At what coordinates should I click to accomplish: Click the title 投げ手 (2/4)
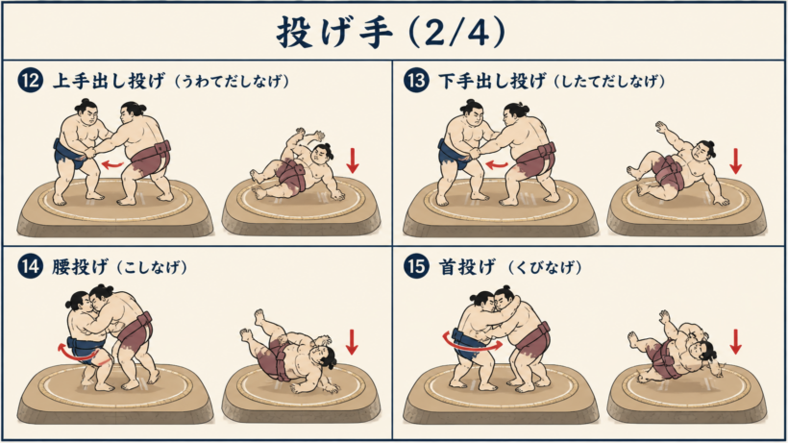click(x=391, y=32)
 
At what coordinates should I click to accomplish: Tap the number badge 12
click(x=30, y=81)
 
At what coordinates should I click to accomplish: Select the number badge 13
click(x=416, y=81)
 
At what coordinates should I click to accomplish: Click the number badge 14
click(x=30, y=266)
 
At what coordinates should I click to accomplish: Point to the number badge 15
click(x=416, y=266)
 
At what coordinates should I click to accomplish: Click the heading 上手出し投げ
click(x=109, y=81)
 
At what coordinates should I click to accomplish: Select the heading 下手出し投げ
click(x=492, y=81)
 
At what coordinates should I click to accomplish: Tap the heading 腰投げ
click(x=80, y=267)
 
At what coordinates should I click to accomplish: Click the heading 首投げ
click(x=467, y=267)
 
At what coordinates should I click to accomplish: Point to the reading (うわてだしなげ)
click(x=232, y=82)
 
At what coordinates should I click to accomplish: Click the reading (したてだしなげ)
click(x=610, y=82)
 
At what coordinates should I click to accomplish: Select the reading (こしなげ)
click(x=152, y=267)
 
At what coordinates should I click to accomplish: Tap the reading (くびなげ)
click(x=545, y=267)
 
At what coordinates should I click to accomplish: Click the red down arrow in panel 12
click(x=353, y=160)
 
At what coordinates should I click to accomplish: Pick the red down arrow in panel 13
click(x=736, y=160)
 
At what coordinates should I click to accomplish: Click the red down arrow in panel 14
click(x=352, y=341)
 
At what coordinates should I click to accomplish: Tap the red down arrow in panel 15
click(x=735, y=341)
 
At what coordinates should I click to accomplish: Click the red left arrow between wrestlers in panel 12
click(x=111, y=164)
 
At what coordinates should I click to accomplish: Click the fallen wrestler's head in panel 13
click(x=703, y=149)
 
